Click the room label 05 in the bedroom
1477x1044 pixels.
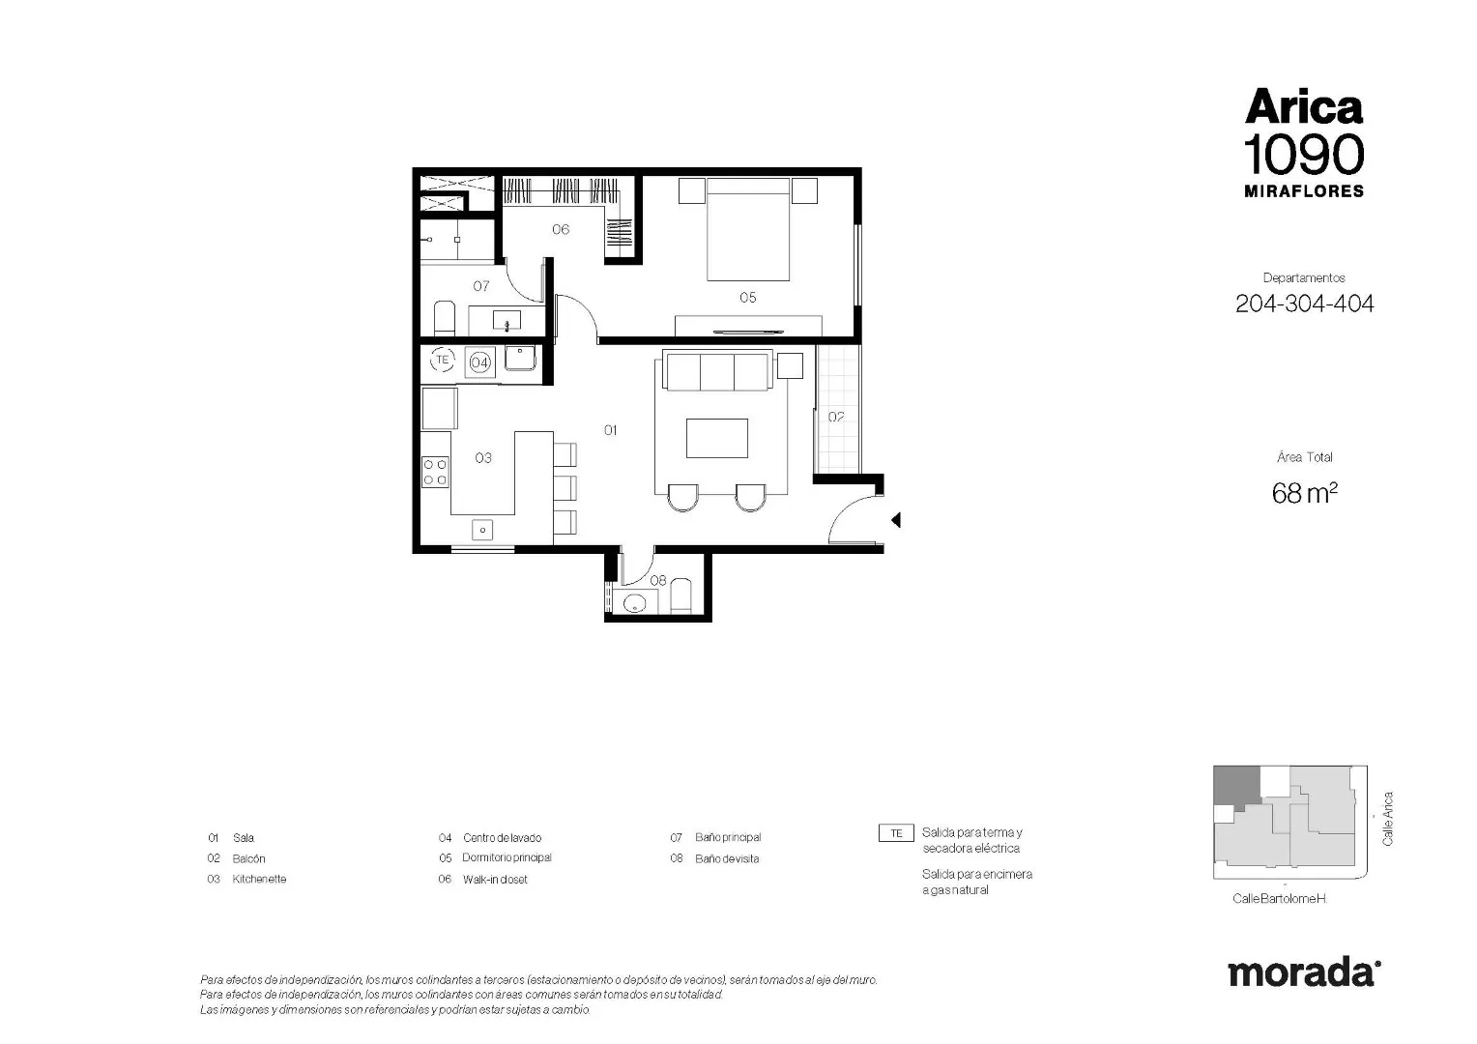point(747,298)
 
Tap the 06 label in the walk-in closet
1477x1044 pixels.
point(561,229)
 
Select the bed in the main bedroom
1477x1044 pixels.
point(748,229)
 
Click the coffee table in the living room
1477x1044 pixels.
point(716,438)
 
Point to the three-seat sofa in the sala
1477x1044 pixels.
point(716,371)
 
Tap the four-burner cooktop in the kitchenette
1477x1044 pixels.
point(435,472)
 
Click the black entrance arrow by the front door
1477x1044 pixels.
point(895,520)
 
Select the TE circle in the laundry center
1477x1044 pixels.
point(443,360)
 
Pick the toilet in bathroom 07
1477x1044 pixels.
point(445,319)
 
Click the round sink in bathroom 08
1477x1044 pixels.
point(634,602)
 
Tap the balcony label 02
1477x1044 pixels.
point(836,417)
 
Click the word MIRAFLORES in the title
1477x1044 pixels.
point(1304,191)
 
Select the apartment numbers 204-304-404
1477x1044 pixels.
point(1304,304)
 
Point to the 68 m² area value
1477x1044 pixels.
point(1304,493)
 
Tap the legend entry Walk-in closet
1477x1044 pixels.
point(495,879)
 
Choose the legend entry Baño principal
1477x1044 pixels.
point(728,837)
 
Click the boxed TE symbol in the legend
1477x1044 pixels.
point(896,833)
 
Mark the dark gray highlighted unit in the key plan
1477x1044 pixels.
point(1235,786)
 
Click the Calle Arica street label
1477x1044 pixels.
point(1387,819)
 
